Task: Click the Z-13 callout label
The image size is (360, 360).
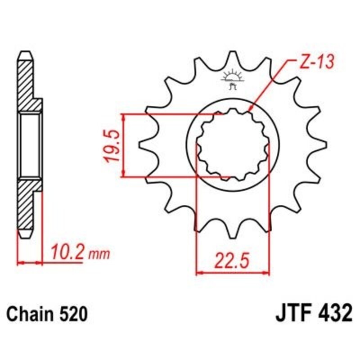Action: coord(315,63)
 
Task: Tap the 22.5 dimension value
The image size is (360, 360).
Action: coord(233,260)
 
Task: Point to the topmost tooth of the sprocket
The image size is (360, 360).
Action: coord(233,56)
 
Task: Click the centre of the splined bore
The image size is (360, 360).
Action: coord(233,145)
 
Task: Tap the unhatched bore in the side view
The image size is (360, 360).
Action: coord(31,145)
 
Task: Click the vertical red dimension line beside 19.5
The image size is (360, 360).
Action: coord(123,145)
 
